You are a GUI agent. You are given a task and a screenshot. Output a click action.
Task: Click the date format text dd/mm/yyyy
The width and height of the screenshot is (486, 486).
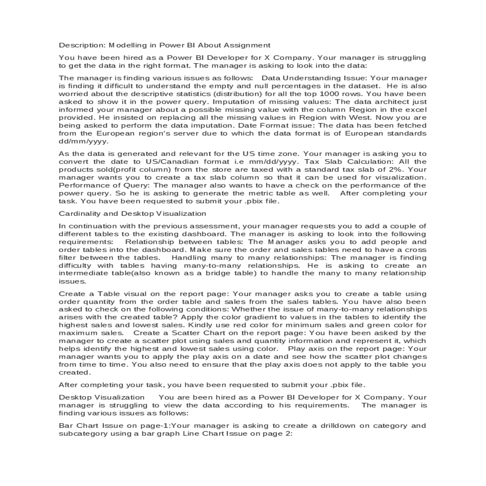click(x=83, y=141)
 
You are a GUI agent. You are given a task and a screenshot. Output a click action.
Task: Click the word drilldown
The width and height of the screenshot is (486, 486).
click(x=338, y=426)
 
